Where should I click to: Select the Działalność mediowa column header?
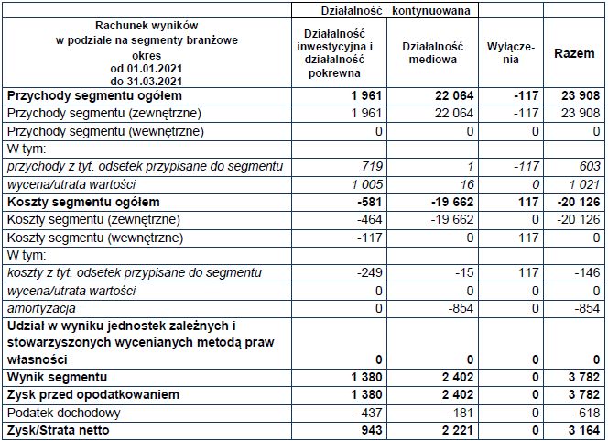click(426, 54)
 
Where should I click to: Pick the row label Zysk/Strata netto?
click(52, 430)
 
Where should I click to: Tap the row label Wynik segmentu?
click(56, 378)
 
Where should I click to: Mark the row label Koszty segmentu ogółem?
click(71, 202)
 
